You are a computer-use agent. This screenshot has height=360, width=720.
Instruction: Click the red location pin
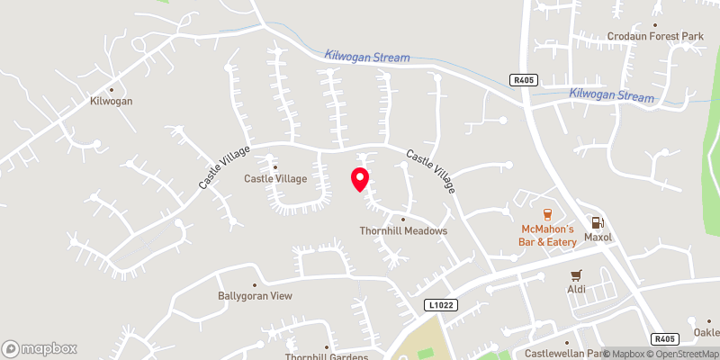pyautogui.click(x=360, y=179)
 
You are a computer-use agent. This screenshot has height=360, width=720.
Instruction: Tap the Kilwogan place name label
pyautogui.click(x=112, y=102)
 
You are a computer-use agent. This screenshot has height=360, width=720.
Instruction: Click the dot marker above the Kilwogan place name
pyautogui.click(x=112, y=89)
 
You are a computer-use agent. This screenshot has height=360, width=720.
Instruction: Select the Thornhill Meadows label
pyautogui.click(x=403, y=231)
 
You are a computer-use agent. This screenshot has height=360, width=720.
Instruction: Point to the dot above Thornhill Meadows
pyautogui.click(x=403, y=219)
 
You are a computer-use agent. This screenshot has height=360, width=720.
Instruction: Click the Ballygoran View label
pyautogui.click(x=255, y=296)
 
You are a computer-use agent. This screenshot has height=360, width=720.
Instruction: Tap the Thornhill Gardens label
pyautogui.click(x=327, y=355)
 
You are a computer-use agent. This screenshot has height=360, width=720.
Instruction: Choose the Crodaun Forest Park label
pyautogui.click(x=655, y=37)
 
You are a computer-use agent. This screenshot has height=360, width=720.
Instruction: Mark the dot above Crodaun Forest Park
pyautogui.click(x=655, y=25)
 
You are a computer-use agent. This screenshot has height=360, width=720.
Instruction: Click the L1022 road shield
pyautogui.click(x=443, y=306)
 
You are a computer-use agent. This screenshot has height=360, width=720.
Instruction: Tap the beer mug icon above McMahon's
pyautogui.click(x=547, y=214)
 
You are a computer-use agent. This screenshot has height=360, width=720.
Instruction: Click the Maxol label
pyautogui.click(x=598, y=238)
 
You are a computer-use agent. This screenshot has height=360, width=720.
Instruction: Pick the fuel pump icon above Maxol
pyautogui.click(x=596, y=222)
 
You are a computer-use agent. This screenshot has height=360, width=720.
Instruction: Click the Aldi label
pyautogui.click(x=576, y=289)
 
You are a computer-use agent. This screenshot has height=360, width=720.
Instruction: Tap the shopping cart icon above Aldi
pyautogui.click(x=576, y=274)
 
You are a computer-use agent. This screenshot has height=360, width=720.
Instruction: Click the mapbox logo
pyautogui.click(x=39, y=348)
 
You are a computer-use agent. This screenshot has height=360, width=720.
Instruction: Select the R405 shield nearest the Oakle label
pyautogui.click(x=664, y=339)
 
